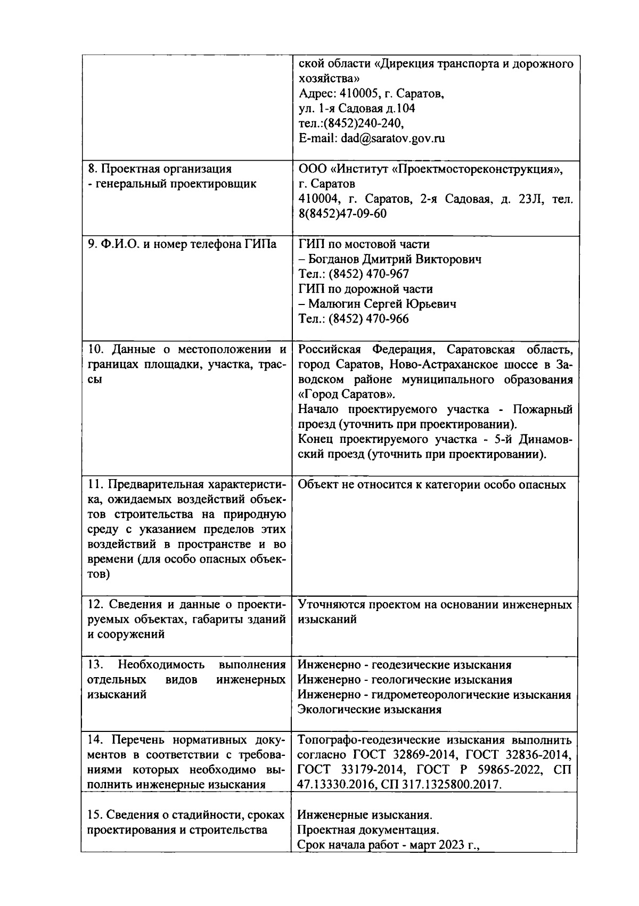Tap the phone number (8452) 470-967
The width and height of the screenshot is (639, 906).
[x=368, y=274]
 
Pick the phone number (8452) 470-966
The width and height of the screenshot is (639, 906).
[x=368, y=319]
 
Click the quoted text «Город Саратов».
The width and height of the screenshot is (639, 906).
[x=347, y=394]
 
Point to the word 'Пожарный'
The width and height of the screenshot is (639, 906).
[x=543, y=409]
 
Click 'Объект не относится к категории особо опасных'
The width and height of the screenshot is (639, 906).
[x=431, y=485]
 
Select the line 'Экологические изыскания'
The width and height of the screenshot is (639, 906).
[x=370, y=710]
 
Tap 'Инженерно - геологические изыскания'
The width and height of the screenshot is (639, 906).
[x=405, y=680]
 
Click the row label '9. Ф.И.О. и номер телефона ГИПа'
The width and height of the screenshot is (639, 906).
[x=182, y=244]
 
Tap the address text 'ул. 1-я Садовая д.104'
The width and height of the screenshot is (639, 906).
[x=357, y=109]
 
